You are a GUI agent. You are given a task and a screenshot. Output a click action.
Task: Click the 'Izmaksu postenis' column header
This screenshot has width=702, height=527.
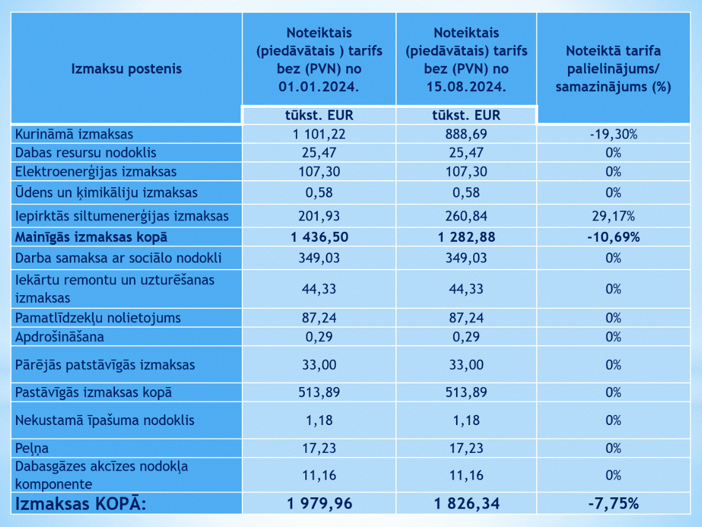click(126, 69)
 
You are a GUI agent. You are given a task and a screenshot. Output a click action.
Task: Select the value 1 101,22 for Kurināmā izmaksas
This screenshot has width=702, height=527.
click(319, 135)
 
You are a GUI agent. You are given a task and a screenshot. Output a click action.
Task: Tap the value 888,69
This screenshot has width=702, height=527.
click(466, 135)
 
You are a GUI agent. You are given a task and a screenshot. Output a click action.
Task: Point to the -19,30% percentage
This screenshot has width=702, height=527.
click(613, 135)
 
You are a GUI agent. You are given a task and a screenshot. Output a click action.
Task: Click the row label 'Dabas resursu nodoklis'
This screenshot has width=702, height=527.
click(85, 153)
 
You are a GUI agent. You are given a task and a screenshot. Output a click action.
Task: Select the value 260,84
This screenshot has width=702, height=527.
click(466, 216)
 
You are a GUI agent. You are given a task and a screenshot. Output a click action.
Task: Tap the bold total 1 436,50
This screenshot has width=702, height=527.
click(319, 237)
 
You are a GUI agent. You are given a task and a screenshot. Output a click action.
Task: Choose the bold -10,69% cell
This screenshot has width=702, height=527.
click(613, 237)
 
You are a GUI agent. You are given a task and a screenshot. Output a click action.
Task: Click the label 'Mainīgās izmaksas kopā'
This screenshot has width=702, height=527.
click(91, 238)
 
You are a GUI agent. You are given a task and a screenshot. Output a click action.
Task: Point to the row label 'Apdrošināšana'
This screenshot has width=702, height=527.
click(59, 337)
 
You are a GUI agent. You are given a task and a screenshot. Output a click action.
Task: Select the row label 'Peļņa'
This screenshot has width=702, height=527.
click(32, 449)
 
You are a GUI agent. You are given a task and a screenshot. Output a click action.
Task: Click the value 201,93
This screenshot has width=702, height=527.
click(319, 216)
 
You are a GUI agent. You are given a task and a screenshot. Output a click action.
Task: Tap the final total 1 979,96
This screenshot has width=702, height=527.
click(319, 504)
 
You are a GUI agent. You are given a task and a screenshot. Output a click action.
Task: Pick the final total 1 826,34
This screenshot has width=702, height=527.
click(466, 504)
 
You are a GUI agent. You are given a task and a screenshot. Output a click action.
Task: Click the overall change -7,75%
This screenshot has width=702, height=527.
click(613, 504)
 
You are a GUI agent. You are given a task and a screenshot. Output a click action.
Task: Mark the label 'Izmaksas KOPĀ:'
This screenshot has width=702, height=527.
click(81, 504)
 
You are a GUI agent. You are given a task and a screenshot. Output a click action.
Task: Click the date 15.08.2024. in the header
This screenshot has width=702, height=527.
click(466, 87)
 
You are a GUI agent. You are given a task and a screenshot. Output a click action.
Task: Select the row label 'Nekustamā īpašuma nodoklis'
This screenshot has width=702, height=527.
click(105, 421)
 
